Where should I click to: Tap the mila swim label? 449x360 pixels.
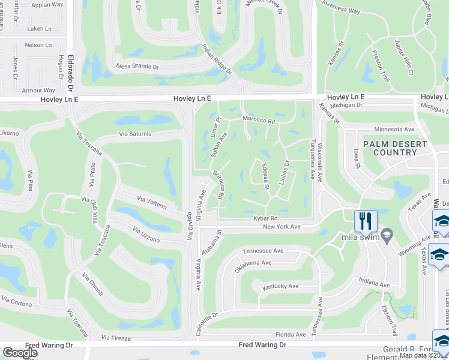point(358,237)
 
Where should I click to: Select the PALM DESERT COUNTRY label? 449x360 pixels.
point(394,148)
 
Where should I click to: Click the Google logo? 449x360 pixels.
point(20,353)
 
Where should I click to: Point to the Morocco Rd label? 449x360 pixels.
point(258,121)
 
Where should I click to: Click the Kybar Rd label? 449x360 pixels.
point(265,218)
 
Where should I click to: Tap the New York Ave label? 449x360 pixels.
point(281,227)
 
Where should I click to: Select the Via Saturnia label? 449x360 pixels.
point(135,134)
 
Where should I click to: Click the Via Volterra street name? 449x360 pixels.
point(151,202)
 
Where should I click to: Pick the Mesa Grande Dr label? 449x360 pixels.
point(137,67)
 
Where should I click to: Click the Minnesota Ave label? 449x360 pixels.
point(394,129)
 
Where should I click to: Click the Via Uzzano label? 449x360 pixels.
point(146,235)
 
